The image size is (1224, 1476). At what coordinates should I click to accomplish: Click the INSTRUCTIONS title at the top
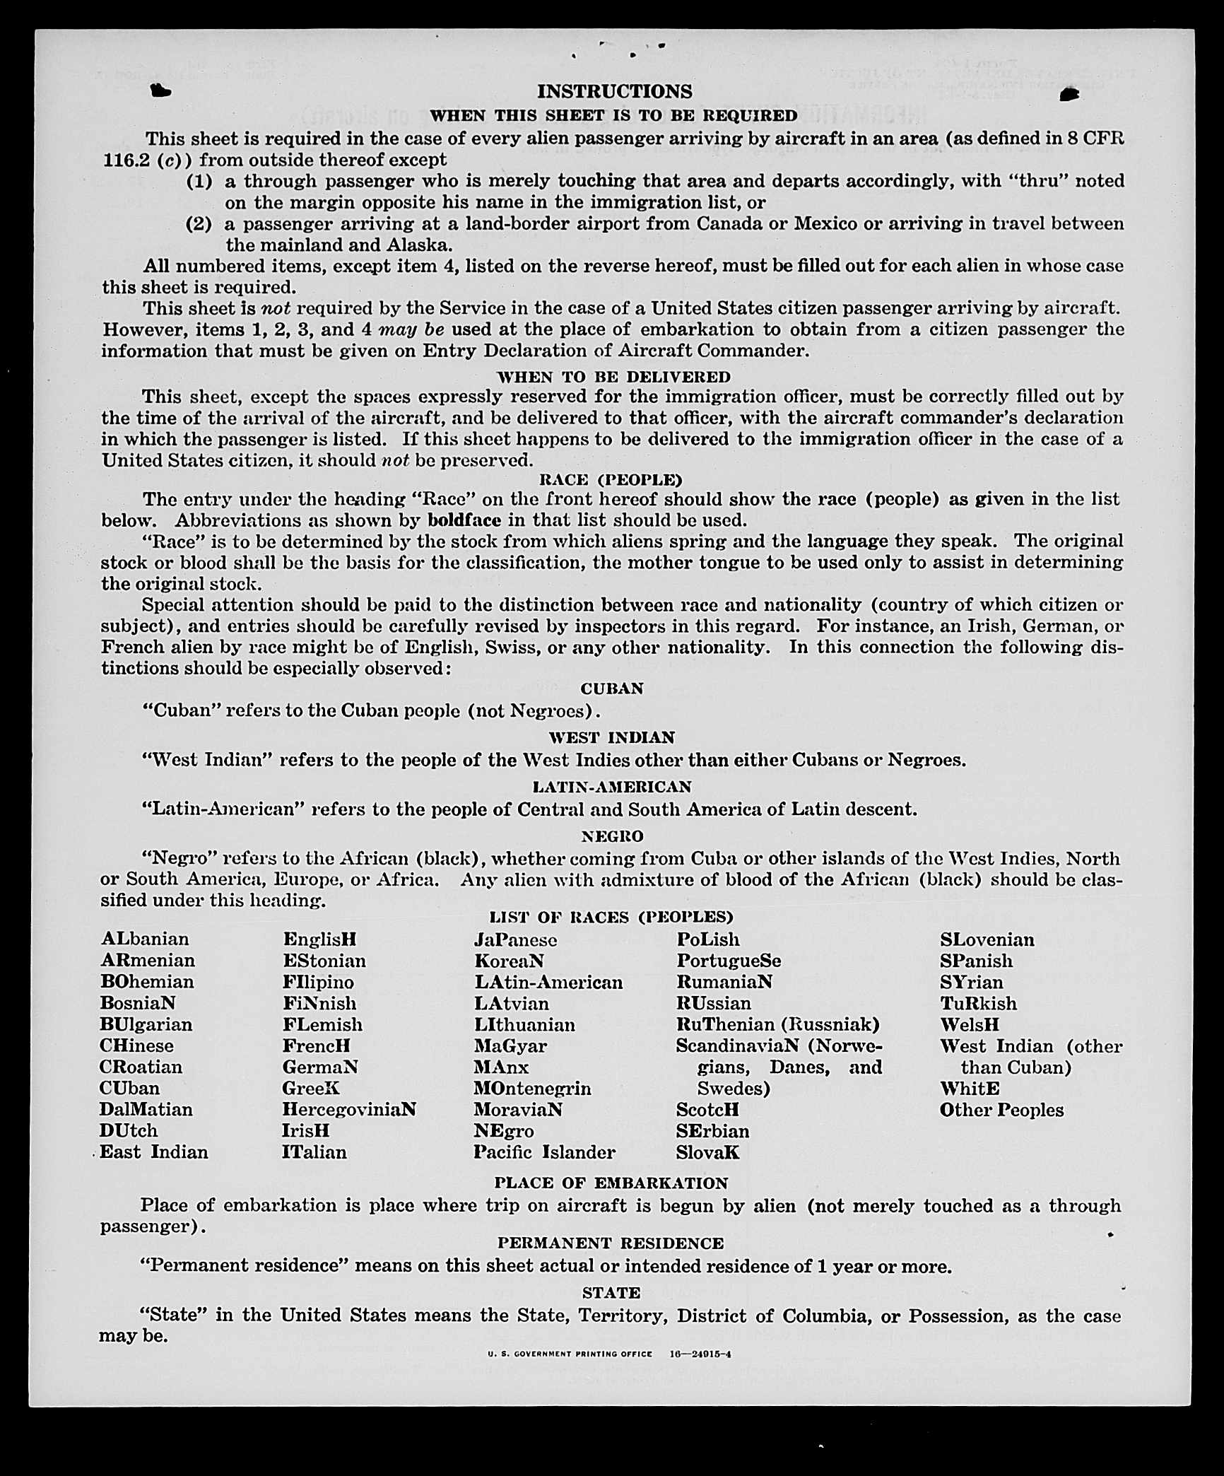point(614,91)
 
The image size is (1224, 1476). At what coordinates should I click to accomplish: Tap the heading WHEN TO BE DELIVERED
point(613,377)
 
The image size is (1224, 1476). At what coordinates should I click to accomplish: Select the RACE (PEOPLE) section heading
point(611,480)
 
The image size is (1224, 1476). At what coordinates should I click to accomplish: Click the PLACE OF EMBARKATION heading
point(611,1183)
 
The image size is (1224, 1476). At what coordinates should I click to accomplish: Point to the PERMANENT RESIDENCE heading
point(611,1243)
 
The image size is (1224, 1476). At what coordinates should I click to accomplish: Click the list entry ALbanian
point(145,939)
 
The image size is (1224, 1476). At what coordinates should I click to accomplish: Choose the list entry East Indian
point(154,1152)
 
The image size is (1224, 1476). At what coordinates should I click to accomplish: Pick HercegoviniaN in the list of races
point(349,1110)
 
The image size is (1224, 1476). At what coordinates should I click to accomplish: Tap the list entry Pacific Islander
point(544,1152)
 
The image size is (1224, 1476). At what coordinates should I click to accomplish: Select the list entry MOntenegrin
point(532,1089)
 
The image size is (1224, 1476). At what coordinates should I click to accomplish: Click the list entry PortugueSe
point(729,961)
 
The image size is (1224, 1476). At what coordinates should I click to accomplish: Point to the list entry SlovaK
point(707,1152)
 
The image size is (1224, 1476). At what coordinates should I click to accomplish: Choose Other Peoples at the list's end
point(1001,1110)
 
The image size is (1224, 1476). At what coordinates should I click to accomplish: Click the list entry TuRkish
point(978,1004)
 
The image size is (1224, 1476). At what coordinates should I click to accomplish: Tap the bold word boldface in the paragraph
point(464,520)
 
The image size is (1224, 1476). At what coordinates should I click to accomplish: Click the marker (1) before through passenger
point(199,181)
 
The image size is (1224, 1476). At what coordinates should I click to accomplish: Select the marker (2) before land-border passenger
point(199,224)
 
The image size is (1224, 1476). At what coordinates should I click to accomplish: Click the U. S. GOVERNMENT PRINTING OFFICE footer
point(570,1354)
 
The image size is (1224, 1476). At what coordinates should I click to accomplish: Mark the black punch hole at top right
point(1069,94)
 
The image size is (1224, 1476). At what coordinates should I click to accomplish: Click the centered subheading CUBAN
point(612,689)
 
